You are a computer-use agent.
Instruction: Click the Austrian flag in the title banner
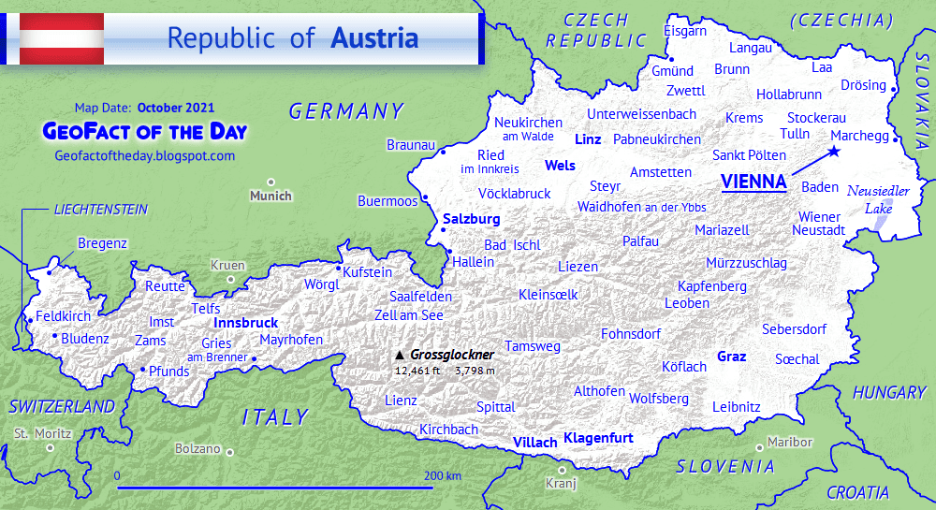coord(62,39)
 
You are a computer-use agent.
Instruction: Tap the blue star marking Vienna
coord(833,152)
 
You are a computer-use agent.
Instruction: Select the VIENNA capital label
coord(753,182)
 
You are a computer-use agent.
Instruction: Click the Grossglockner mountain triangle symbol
coord(400,356)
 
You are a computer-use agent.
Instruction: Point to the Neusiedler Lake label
coord(878,198)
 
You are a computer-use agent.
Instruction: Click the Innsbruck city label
coord(246,323)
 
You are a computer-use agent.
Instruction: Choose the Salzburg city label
coord(471,219)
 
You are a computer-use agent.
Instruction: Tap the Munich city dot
coord(271,182)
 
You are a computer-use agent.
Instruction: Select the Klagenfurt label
coord(598,438)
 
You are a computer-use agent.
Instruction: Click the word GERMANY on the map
coord(345,112)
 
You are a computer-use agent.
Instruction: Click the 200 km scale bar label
coord(442,476)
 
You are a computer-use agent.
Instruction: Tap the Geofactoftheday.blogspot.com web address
coord(145,156)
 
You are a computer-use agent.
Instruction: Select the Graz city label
coord(731,357)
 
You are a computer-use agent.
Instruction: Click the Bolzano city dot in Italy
coord(229,450)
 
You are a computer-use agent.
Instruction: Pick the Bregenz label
coord(102,243)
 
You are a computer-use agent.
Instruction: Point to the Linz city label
coord(587,138)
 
